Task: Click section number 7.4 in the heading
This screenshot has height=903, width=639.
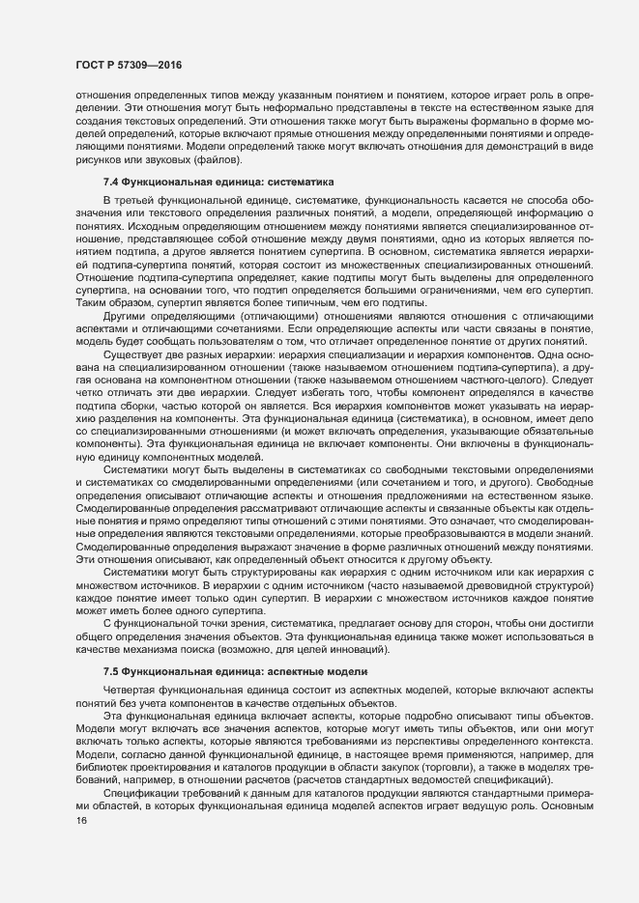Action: click(x=111, y=181)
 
